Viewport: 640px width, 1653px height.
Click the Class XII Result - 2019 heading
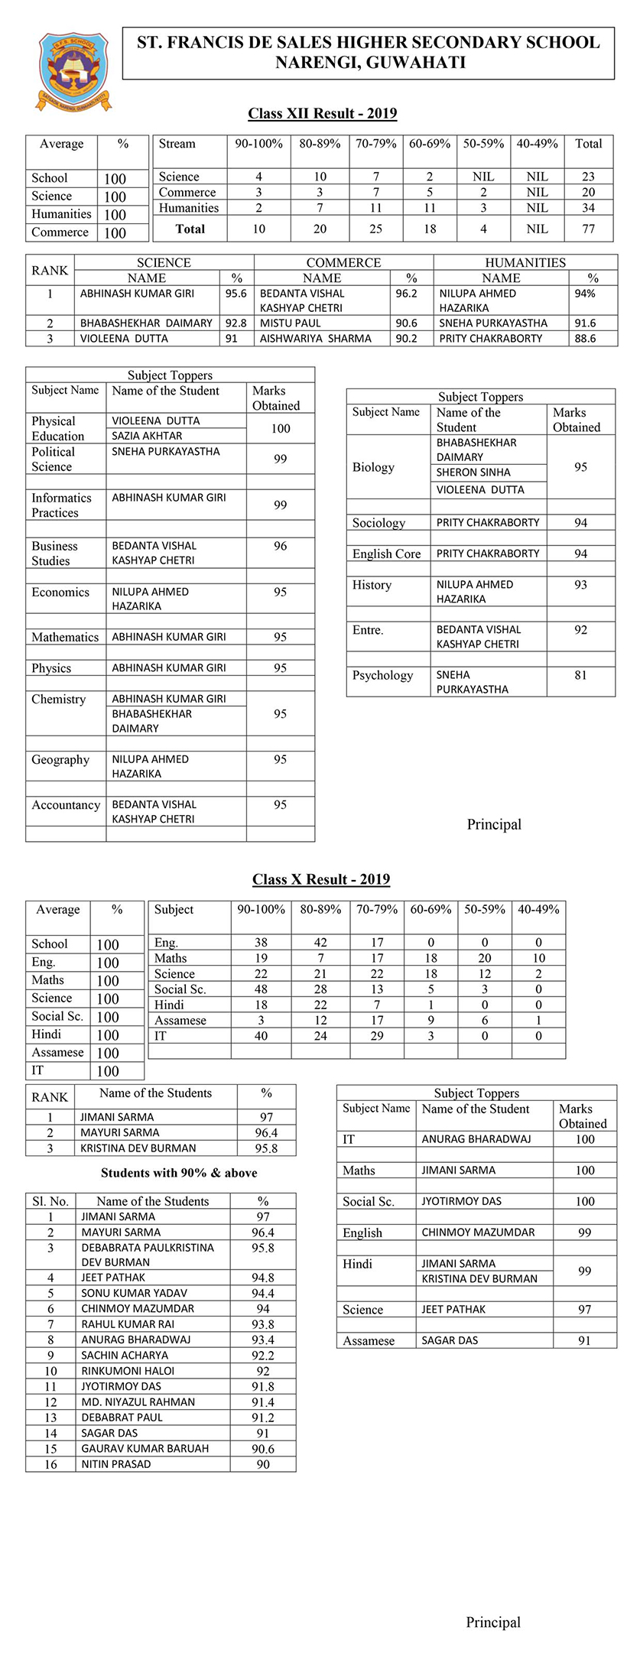pyautogui.click(x=322, y=114)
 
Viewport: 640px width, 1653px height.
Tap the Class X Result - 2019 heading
pyautogui.click(x=321, y=879)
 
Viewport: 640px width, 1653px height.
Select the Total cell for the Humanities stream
pyautogui.click(x=588, y=208)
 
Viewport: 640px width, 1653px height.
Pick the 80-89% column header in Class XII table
pyautogui.click(x=320, y=144)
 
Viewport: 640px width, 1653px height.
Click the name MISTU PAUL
pyautogui.click(x=291, y=323)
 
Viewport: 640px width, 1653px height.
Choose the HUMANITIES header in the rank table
pyautogui.click(x=525, y=262)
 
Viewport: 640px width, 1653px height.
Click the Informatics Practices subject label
pyautogui.click(x=61, y=505)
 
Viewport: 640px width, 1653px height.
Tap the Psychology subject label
pyautogui.click(x=382, y=675)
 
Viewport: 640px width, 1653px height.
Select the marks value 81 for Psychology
pyautogui.click(x=580, y=675)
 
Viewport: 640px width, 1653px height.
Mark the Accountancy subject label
pyautogui.click(x=66, y=805)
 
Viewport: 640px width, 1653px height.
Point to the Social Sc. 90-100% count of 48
pyautogui.click(x=261, y=989)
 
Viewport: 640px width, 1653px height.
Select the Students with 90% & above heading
pyautogui.click(x=179, y=1173)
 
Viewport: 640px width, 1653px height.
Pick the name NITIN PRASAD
pyautogui.click(x=116, y=1464)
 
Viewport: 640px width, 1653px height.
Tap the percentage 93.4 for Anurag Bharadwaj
pyautogui.click(x=263, y=1340)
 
